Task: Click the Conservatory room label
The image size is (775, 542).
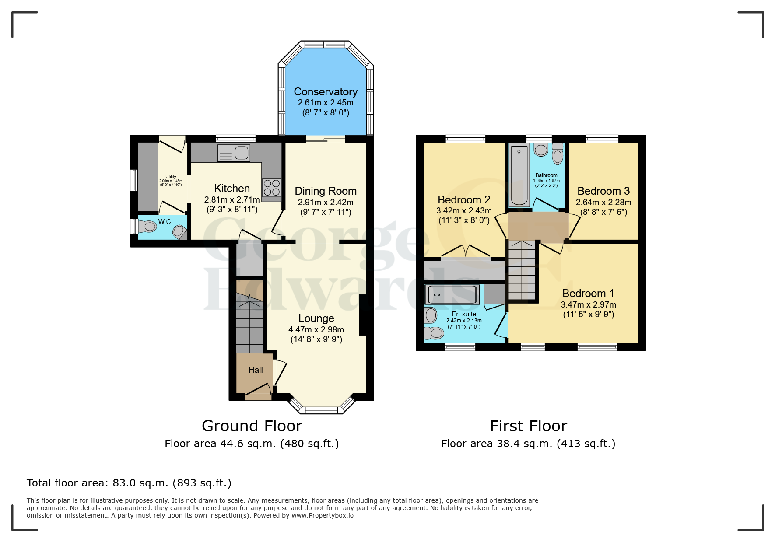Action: click(x=326, y=92)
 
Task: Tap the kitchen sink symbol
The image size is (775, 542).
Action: click(x=234, y=153)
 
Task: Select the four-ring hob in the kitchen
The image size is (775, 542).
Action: click(x=271, y=188)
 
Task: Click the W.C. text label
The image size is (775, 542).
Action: click(x=165, y=222)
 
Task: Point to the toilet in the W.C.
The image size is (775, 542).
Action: click(x=148, y=227)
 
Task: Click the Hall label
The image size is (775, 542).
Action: click(x=256, y=370)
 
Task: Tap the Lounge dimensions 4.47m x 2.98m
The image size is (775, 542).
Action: click(x=316, y=330)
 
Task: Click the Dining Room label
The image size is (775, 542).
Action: click(x=326, y=191)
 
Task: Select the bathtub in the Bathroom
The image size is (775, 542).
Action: click(x=519, y=175)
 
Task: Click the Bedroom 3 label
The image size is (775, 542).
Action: click(x=603, y=191)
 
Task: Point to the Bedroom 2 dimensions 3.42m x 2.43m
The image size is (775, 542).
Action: click(x=464, y=211)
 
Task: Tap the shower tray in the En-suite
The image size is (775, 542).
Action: click(x=452, y=295)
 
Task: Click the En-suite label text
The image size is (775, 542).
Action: click(x=464, y=314)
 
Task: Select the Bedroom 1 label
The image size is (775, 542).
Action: click(x=588, y=294)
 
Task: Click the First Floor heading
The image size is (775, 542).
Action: click(x=528, y=426)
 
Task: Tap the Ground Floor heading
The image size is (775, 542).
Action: click(x=252, y=426)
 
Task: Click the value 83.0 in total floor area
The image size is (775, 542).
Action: click(x=124, y=483)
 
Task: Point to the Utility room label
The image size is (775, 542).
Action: click(x=171, y=177)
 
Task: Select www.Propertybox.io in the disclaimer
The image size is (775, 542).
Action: click(x=323, y=515)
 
